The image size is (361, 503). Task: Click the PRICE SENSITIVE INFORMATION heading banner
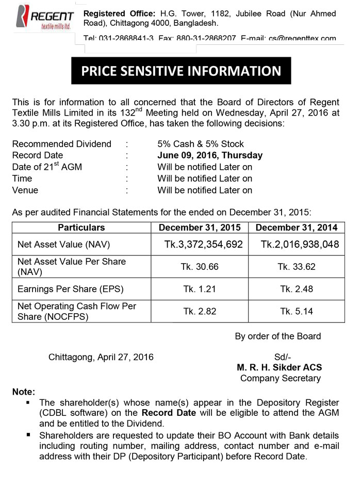[x=181, y=71]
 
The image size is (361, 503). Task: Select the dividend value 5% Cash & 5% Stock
[x=201, y=144]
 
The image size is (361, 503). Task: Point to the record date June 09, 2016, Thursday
[x=210, y=155]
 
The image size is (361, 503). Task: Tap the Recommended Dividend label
[x=61, y=144]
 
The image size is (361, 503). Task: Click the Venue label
[x=25, y=190]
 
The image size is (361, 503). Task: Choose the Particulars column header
[x=81, y=228]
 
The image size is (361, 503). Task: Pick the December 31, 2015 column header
[x=199, y=228]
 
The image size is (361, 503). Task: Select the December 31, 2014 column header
[x=297, y=228]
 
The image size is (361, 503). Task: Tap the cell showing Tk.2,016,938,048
[x=300, y=245]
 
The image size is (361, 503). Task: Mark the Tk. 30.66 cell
[x=200, y=267]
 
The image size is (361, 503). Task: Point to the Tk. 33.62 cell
[x=297, y=267]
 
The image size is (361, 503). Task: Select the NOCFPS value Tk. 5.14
[x=297, y=311]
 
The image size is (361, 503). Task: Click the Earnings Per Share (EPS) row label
[x=71, y=289]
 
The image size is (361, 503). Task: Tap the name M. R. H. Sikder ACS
[x=280, y=367]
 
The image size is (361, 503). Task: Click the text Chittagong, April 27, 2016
[x=101, y=356]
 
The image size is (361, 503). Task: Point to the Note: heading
[x=24, y=392]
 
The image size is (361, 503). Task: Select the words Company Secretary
[x=280, y=378]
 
